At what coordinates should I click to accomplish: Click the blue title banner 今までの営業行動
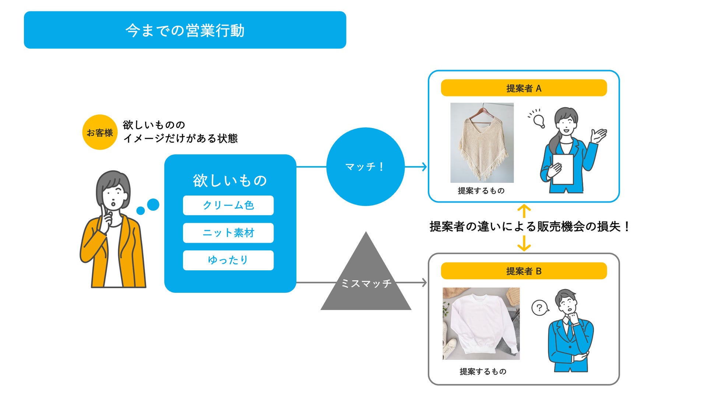tap(185, 30)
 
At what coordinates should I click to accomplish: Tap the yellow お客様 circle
tap(100, 132)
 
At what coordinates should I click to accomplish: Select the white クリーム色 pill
tap(228, 205)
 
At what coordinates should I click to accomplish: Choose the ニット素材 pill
tap(228, 233)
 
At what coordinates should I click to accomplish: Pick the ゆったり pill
tap(228, 260)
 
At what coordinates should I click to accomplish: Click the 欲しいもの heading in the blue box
tap(230, 180)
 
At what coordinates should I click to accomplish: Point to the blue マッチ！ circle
tap(365, 166)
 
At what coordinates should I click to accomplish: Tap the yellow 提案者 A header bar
tap(524, 88)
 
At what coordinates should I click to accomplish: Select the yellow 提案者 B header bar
tap(524, 271)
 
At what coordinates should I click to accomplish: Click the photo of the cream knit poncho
tap(482, 143)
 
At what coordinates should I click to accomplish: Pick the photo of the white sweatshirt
tap(481, 323)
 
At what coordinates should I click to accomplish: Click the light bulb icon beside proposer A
tap(539, 120)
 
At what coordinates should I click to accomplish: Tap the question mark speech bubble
tap(539, 308)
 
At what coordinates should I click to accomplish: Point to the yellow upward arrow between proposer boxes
tap(524, 211)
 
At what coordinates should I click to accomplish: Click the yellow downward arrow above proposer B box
tap(524, 243)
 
